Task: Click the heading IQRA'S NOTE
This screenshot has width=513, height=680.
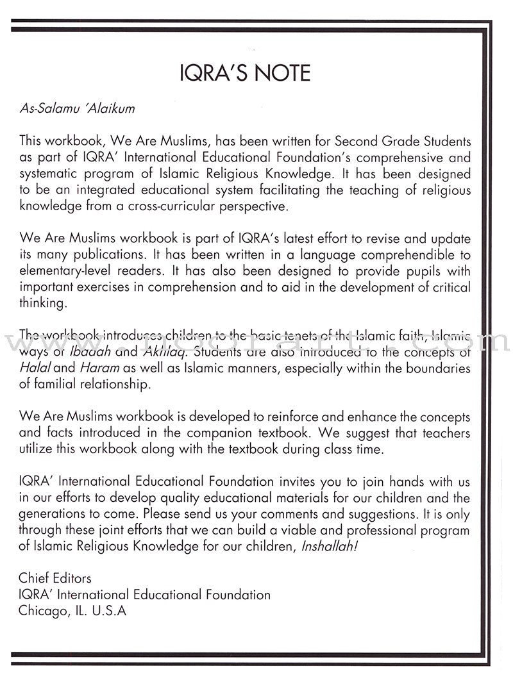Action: point(245,73)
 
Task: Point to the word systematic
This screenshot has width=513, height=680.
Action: point(53,174)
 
